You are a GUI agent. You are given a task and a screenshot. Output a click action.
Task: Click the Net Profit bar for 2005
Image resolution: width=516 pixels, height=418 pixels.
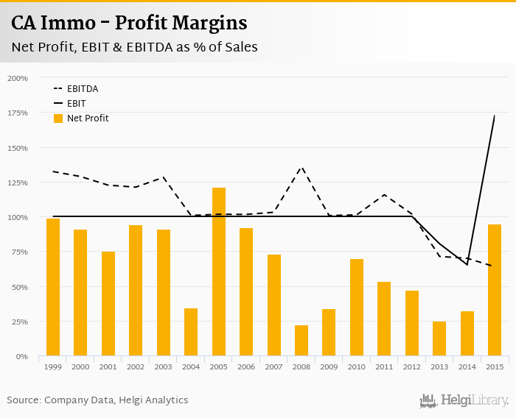pyautogui.click(x=218, y=272)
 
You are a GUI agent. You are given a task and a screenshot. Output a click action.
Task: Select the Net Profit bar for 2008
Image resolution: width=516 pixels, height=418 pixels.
pyautogui.click(x=301, y=341)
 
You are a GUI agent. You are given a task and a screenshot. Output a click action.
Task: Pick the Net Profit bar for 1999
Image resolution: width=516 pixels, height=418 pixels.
pyautogui.click(x=53, y=287)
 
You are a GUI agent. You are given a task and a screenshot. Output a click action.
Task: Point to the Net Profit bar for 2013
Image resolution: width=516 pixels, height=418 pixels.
pyautogui.click(x=439, y=339)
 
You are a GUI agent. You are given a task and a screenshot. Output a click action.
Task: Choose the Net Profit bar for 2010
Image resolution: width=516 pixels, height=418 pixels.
pyautogui.click(x=357, y=308)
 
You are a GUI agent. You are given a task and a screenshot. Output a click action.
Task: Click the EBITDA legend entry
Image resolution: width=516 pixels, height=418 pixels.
pyautogui.click(x=82, y=88)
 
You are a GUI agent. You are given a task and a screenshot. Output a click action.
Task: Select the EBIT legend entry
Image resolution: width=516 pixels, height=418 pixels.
pyautogui.click(x=76, y=104)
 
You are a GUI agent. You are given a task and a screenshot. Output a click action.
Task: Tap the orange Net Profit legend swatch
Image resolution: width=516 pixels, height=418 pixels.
pyautogui.click(x=58, y=118)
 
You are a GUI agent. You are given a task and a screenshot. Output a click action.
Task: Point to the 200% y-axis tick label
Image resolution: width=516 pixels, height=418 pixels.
pyautogui.click(x=18, y=78)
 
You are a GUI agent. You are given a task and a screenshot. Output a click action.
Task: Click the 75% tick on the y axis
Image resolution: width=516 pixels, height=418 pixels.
pyautogui.click(x=19, y=252)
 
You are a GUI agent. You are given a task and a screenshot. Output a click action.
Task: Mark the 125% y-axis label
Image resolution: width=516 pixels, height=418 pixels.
pyautogui.click(x=18, y=183)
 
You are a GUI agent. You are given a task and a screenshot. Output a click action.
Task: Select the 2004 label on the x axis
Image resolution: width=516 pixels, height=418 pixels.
pyautogui.click(x=191, y=366)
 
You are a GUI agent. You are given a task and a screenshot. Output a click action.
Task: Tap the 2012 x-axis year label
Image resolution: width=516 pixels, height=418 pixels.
pyautogui.click(x=412, y=366)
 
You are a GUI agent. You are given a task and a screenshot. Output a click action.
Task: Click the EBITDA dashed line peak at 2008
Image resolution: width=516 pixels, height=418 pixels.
pyautogui.click(x=301, y=168)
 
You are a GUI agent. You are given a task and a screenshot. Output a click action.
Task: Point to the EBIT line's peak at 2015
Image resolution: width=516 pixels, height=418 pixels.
pyautogui.click(x=494, y=116)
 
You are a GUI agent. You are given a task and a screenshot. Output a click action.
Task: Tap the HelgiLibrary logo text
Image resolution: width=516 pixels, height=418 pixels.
pyautogui.click(x=474, y=400)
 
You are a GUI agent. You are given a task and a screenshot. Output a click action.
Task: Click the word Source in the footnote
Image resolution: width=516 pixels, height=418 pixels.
pyautogui.click(x=24, y=400)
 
